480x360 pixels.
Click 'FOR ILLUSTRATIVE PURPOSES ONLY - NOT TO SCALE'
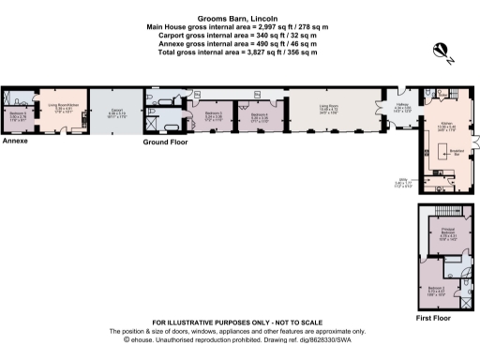(237, 322)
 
